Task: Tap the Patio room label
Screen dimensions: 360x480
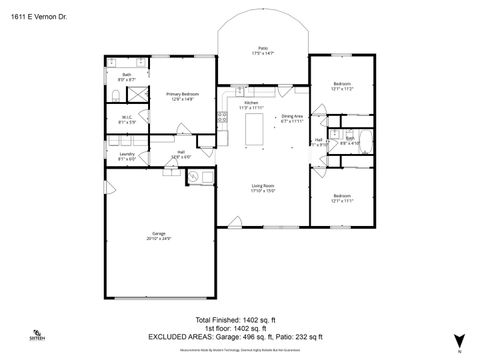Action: point(264,50)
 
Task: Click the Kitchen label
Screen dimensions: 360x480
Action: point(252,103)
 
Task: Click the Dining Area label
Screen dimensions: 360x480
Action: point(291,118)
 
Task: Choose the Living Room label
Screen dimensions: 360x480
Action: point(263,187)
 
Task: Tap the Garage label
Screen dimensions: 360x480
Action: point(159,236)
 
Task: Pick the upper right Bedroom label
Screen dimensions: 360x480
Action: point(342,86)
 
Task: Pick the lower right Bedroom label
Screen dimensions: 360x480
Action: point(342,198)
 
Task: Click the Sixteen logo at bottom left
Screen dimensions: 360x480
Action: point(36,334)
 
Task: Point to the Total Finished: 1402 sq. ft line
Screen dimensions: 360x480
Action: point(240,319)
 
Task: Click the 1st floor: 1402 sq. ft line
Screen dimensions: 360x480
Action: point(240,327)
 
